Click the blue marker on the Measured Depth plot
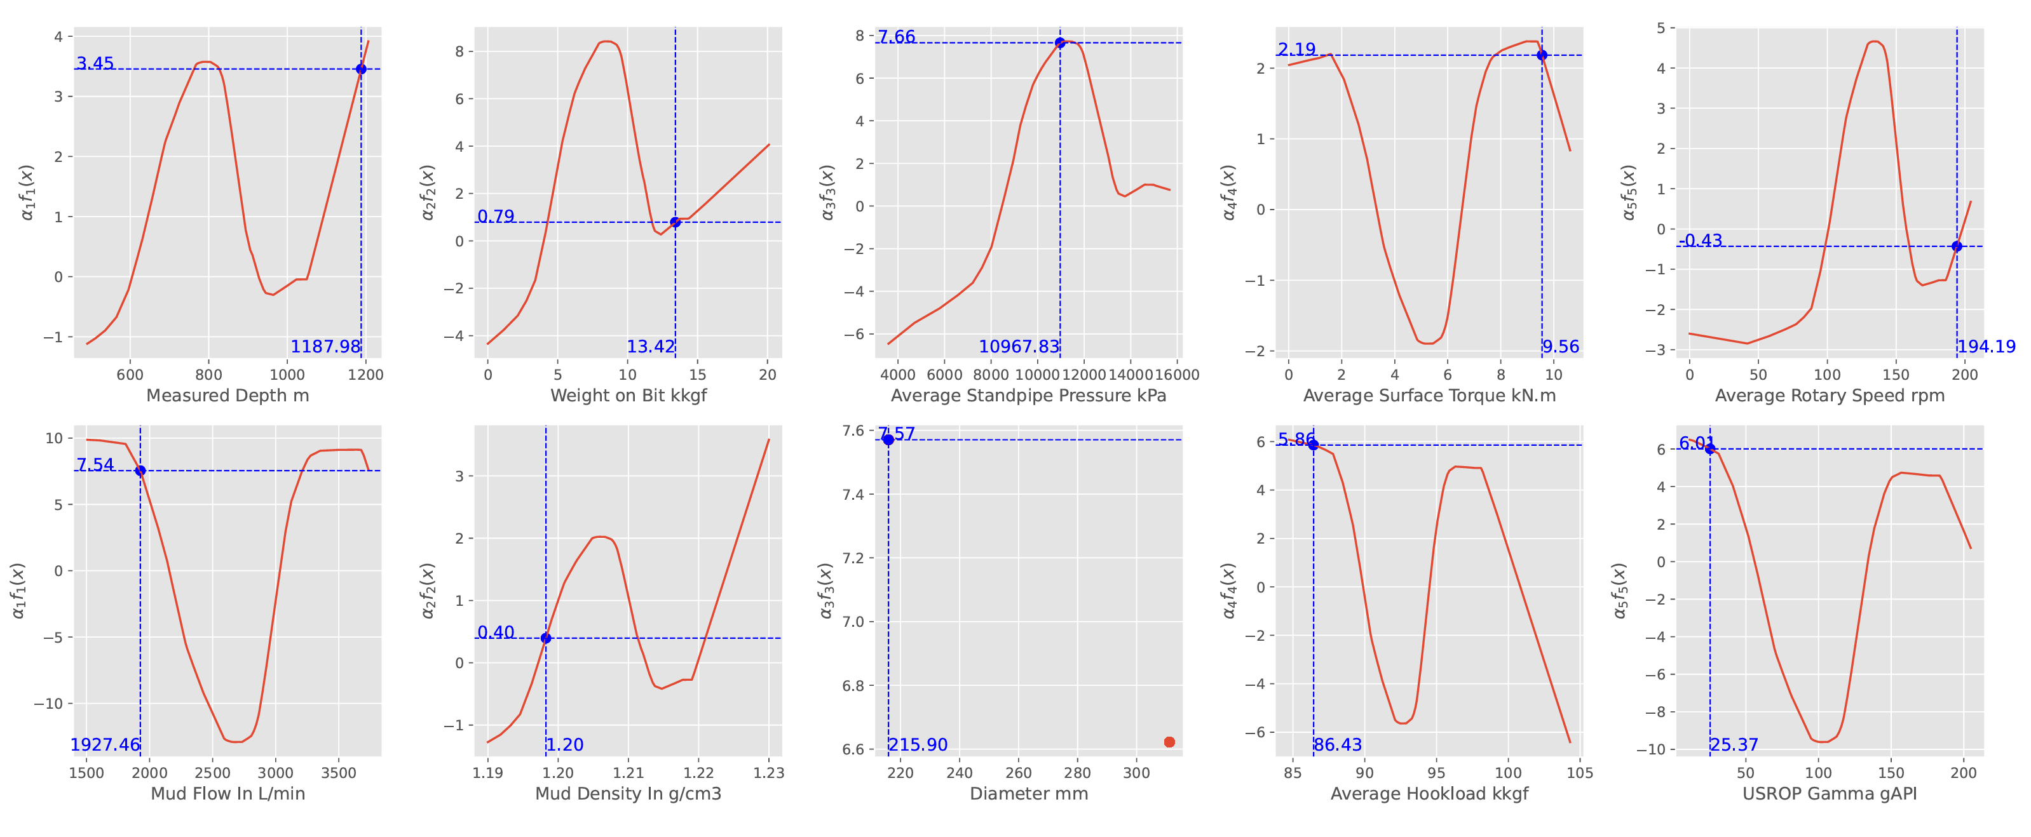coord(361,69)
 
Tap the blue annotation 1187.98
coord(325,347)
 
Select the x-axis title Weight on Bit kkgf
coord(628,396)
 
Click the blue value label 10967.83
coord(1019,347)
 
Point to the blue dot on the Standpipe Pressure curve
coord(1061,43)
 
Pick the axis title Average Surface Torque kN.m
coord(1429,396)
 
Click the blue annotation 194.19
coord(1986,347)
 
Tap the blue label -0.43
coord(1701,241)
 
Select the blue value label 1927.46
coord(105,745)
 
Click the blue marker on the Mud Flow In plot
coord(140,471)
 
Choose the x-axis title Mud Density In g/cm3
coord(628,794)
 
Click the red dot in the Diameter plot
coord(1169,742)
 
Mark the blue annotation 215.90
coord(918,745)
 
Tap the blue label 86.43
coord(1337,745)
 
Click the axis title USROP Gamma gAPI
coord(1829,794)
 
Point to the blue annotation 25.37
coord(1734,745)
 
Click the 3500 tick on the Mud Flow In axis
coord(338,773)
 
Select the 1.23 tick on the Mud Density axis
coord(769,773)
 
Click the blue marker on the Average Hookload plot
coord(1314,445)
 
